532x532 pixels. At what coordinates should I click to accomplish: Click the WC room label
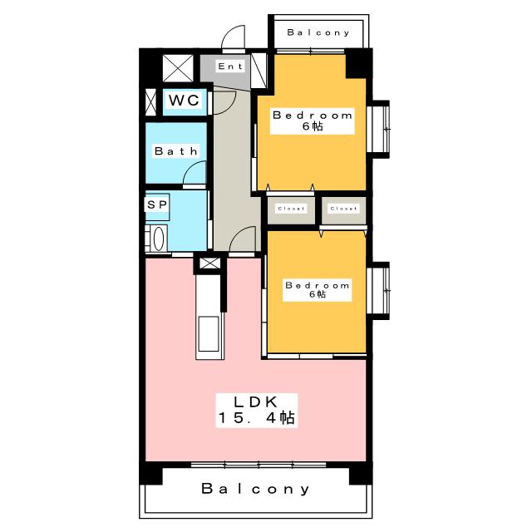[184, 101]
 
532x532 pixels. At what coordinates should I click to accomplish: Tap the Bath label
[176, 151]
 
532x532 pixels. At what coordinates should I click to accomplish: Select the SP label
[157, 204]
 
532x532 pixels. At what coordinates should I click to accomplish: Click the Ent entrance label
[230, 66]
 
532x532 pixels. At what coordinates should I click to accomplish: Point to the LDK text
[256, 402]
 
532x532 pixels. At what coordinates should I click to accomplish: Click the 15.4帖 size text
[256, 417]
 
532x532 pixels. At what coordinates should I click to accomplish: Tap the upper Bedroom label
[313, 116]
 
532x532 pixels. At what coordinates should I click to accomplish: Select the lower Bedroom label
[318, 286]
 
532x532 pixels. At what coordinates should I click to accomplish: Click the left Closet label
[291, 209]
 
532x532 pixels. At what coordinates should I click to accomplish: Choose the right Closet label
[343, 209]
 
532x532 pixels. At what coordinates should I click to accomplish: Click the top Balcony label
[318, 32]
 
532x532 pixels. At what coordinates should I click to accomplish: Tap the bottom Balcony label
[255, 489]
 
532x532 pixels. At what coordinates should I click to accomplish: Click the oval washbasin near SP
[159, 239]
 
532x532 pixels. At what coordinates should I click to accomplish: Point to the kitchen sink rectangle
[209, 334]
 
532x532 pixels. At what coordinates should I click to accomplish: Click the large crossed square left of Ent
[178, 68]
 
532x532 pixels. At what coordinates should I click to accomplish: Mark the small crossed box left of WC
[150, 102]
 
